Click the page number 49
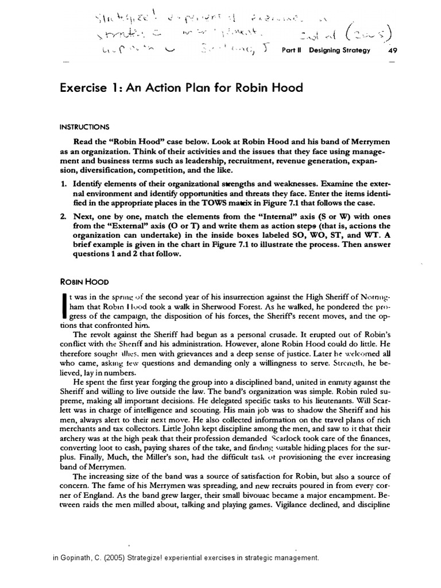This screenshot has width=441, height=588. pyautogui.click(x=393, y=50)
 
